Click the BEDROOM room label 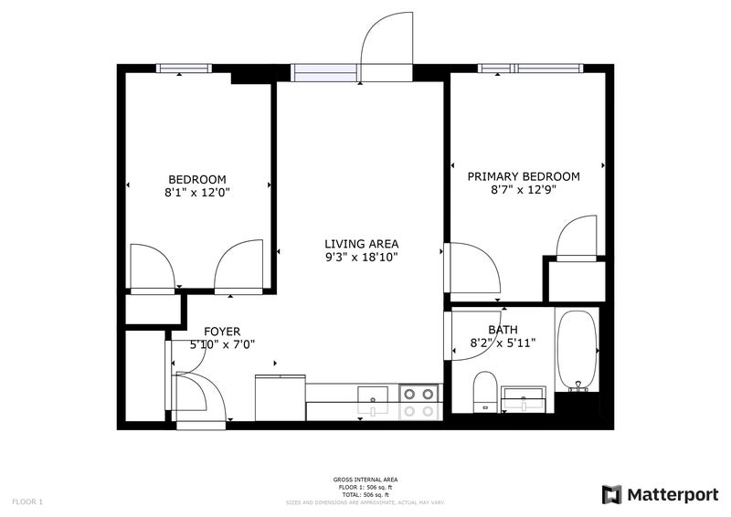(x=197, y=179)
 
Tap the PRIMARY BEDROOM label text (x=524, y=176)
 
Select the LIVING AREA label (x=362, y=244)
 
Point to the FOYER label (x=222, y=332)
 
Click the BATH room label (x=503, y=330)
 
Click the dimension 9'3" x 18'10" (x=362, y=257)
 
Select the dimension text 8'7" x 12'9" (x=524, y=190)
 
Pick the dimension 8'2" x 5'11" (x=503, y=343)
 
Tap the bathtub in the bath (x=577, y=351)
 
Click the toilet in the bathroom (x=485, y=392)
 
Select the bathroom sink (x=524, y=399)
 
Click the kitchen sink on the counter (x=373, y=400)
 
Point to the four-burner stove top (x=418, y=402)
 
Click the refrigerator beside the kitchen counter (x=281, y=397)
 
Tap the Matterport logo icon (x=611, y=495)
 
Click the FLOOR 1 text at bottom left (x=27, y=502)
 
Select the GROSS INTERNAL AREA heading (x=365, y=480)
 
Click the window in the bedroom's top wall (x=184, y=69)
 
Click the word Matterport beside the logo (x=673, y=495)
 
